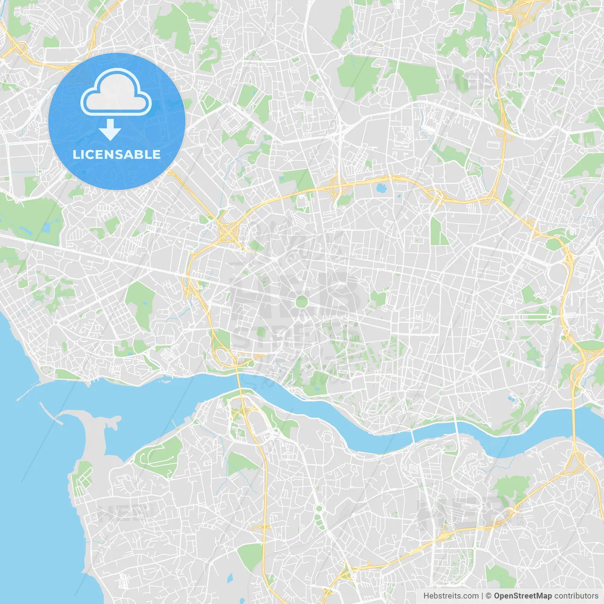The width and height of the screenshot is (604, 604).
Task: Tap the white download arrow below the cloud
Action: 110,130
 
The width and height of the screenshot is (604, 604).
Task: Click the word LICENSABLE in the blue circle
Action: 117,154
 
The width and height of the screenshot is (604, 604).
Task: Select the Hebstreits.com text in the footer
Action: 451,596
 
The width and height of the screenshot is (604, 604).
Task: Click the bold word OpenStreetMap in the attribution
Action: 523,596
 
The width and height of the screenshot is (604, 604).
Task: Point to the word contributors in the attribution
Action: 576,596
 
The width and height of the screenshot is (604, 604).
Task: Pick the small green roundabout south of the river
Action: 319,509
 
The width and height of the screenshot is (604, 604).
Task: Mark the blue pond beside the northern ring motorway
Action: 380,189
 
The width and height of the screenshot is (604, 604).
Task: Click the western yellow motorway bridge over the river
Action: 239,383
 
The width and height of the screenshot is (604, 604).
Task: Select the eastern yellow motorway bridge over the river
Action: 574,420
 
